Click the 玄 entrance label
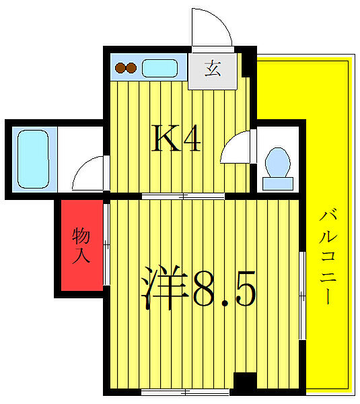point(213,69)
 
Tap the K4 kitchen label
point(176,139)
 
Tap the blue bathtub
point(30,160)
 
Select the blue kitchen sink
point(159,68)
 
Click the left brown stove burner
point(120,68)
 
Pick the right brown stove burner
point(131,68)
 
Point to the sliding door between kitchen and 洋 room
point(183,196)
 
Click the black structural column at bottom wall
point(245,384)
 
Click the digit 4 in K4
point(190,139)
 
